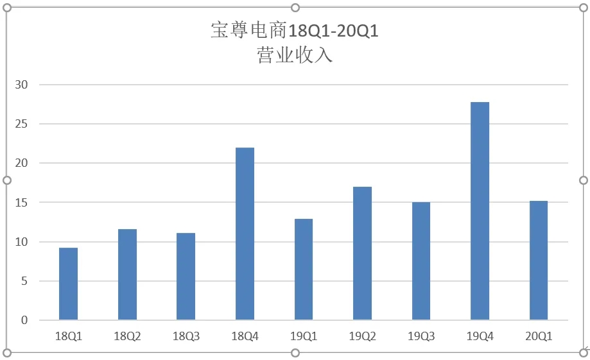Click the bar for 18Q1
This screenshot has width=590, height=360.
pos(68,284)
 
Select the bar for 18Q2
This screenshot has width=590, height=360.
pos(127,275)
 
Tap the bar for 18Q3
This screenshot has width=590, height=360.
pos(186,277)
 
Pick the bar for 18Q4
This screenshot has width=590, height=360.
pos(245,234)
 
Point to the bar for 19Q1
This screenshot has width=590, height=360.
pos(304,270)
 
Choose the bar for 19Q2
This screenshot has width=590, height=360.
pos(362,253)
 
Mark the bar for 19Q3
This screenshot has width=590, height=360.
pos(421,261)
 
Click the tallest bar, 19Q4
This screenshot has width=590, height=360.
pos(480,211)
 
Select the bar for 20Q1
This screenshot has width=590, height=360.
pos(539,261)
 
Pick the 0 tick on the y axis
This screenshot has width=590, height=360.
pos(26,320)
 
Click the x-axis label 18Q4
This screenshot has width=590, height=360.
pos(245,336)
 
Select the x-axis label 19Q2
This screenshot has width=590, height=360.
pos(362,336)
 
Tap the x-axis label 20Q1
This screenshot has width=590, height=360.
pos(539,336)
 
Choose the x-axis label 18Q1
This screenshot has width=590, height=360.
pos(68,336)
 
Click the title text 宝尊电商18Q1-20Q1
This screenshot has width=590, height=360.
pos(295,31)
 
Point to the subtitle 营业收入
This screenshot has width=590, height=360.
pos(295,55)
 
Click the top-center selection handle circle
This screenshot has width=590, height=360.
pos(295,8)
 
